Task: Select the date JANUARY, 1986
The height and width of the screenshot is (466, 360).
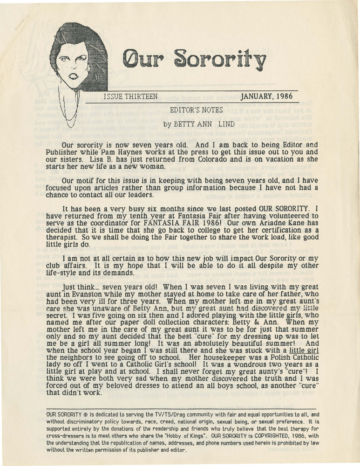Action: tap(266, 97)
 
